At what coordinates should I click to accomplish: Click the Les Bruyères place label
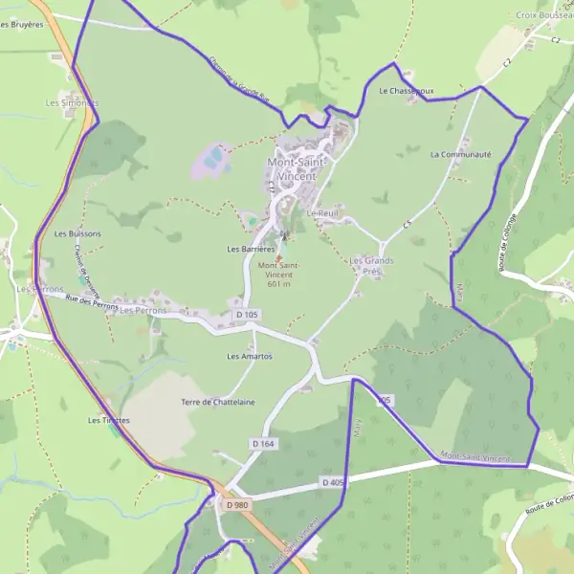[x=23, y=24]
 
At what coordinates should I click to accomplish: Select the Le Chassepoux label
[x=407, y=92]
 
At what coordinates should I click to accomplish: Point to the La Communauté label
[x=460, y=153]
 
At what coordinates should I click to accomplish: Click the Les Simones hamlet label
[x=72, y=101]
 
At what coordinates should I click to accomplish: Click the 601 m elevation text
[x=279, y=283]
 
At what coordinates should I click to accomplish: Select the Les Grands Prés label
[x=372, y=265]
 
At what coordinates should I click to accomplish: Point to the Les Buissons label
[x=77, y=233]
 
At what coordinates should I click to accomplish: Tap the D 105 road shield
[x=247, y=315]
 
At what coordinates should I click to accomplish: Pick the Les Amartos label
[x=250, y=356]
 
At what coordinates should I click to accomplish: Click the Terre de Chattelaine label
[x=218, y=402]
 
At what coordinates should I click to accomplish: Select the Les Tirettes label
[x=109, y=420]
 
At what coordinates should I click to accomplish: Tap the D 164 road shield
[x=263, y=444]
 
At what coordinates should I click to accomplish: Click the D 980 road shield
[x=237, y=504]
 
